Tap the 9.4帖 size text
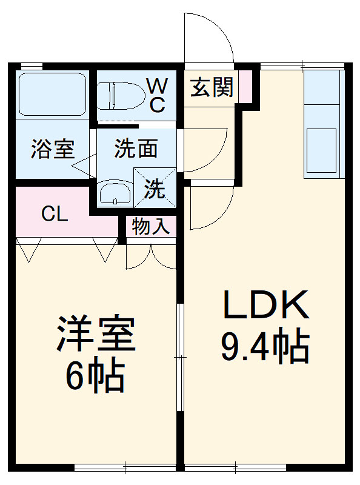coord(265,347)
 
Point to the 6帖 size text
coord(95,376)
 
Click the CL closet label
coord(54,214)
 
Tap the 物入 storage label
coord(150,227)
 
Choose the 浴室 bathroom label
coord(53,149)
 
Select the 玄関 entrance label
coord(212,89)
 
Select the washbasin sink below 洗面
coord(115,194)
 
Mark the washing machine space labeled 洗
coord(155,189)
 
